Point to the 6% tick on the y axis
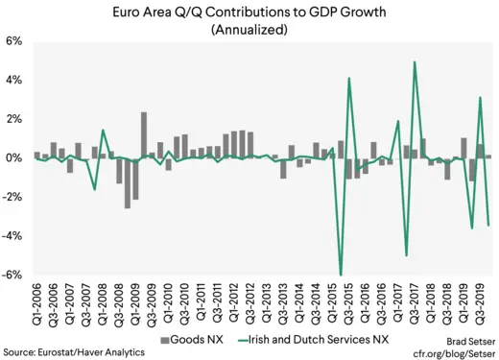click(15, 42)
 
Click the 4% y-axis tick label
click(15, 81)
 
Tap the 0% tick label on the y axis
click(15, 158)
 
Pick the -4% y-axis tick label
click(13, 236)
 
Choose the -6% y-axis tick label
click(13, 275)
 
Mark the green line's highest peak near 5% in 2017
click(415, 62)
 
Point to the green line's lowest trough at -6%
click(342, 275)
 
